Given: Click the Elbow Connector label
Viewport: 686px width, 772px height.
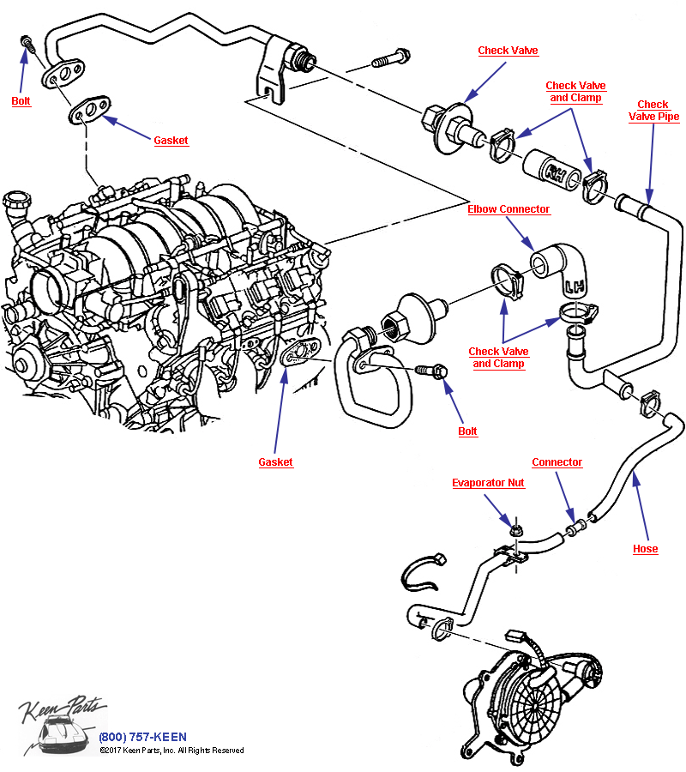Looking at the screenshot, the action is tap(508, 209).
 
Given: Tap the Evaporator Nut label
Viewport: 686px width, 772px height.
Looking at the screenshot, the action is tap(488, 483).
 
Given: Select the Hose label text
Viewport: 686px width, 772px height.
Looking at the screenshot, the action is tap(645, 549).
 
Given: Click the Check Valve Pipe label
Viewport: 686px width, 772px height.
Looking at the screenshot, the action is tap(653, 111).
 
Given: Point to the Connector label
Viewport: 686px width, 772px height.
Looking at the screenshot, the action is tap(557, 462).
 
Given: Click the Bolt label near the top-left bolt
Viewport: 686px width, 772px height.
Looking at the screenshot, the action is tap(21, 101).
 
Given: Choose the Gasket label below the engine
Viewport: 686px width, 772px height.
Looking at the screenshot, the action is tap(275, 462).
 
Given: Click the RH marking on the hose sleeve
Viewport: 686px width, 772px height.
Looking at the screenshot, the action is tap(556, 174).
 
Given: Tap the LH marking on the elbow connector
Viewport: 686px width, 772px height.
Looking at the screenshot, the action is tap(575, 286).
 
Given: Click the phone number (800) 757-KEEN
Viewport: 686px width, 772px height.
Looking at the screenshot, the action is tap(142, 737).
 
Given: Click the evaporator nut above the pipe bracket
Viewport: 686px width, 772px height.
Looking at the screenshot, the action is tap(515, 531).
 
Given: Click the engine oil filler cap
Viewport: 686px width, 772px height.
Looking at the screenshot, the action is tap(17, 200).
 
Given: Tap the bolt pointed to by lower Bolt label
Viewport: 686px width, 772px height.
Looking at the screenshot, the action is tap(431, 370).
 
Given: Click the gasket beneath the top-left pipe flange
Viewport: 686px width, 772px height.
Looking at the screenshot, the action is tap(89, 110).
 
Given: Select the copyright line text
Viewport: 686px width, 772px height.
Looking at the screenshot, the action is tap(171, 751).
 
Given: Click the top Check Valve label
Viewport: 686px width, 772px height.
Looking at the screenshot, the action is tap(508, 51).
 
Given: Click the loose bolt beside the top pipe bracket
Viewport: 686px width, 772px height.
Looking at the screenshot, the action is tap(391, 58).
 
